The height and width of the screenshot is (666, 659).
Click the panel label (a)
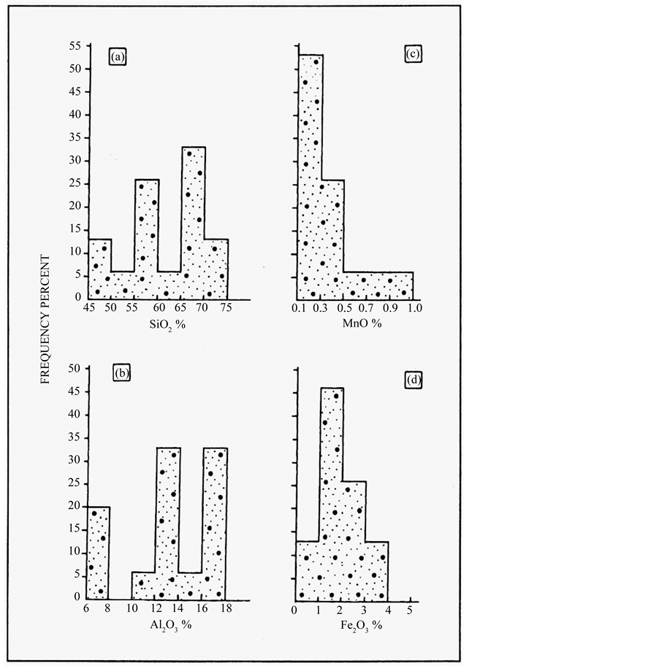coord(118,55)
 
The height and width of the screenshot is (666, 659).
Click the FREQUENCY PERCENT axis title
coord(45,320)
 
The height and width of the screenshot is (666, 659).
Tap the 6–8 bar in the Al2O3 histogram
coord(98,552)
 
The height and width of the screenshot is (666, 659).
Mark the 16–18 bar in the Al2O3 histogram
coord(215,523)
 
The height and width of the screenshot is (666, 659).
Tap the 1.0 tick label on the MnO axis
coord(414,309)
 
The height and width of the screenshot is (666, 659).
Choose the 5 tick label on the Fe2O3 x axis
coord(410,610)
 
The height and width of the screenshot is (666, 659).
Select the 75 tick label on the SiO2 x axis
coord(228,309)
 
